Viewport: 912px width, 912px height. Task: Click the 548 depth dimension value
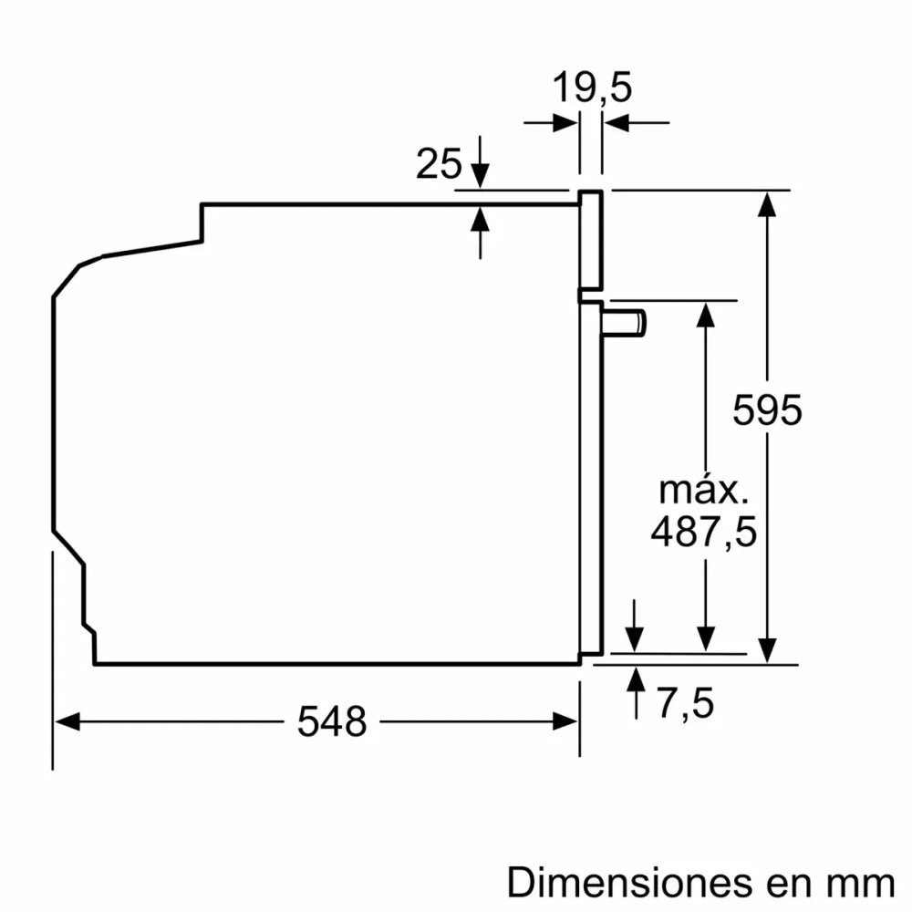click(x=332, y=722)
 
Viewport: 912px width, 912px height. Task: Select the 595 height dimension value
click(x=768, y=410)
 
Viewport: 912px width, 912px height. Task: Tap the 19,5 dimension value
click(x=592, y=88)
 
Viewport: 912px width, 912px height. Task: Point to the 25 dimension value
click(x=438, y=164)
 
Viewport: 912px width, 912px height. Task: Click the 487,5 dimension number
click(x=703, y=532)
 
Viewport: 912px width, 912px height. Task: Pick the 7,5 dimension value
click(x=684, y=703)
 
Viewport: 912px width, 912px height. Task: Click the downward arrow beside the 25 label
click(x=481, y=175)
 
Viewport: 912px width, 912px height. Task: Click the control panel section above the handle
click(x=591, y=242)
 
